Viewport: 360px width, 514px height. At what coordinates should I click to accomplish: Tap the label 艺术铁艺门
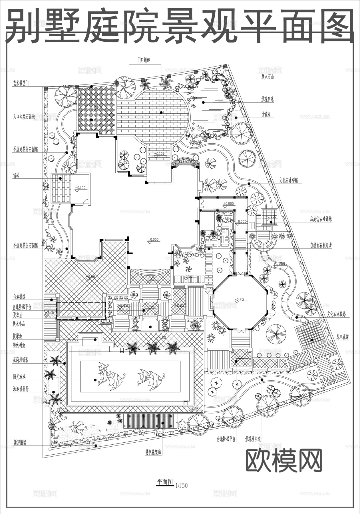click(x=21, y=83)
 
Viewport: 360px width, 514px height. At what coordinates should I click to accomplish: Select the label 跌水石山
click(x=267, y=77)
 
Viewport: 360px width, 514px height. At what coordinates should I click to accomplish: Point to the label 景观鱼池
click(x=267, y=99)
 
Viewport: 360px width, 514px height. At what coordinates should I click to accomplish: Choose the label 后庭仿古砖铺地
click(x=321, y=219)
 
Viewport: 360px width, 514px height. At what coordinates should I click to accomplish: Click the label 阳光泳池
click(x=19, y=377)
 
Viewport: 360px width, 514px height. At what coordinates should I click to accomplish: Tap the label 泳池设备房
click(x=21, y=389)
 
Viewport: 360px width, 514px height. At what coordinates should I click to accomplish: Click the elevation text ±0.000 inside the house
click(x=153, y=239)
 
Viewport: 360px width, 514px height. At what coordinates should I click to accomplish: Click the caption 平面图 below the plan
click(x=165, y=482)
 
